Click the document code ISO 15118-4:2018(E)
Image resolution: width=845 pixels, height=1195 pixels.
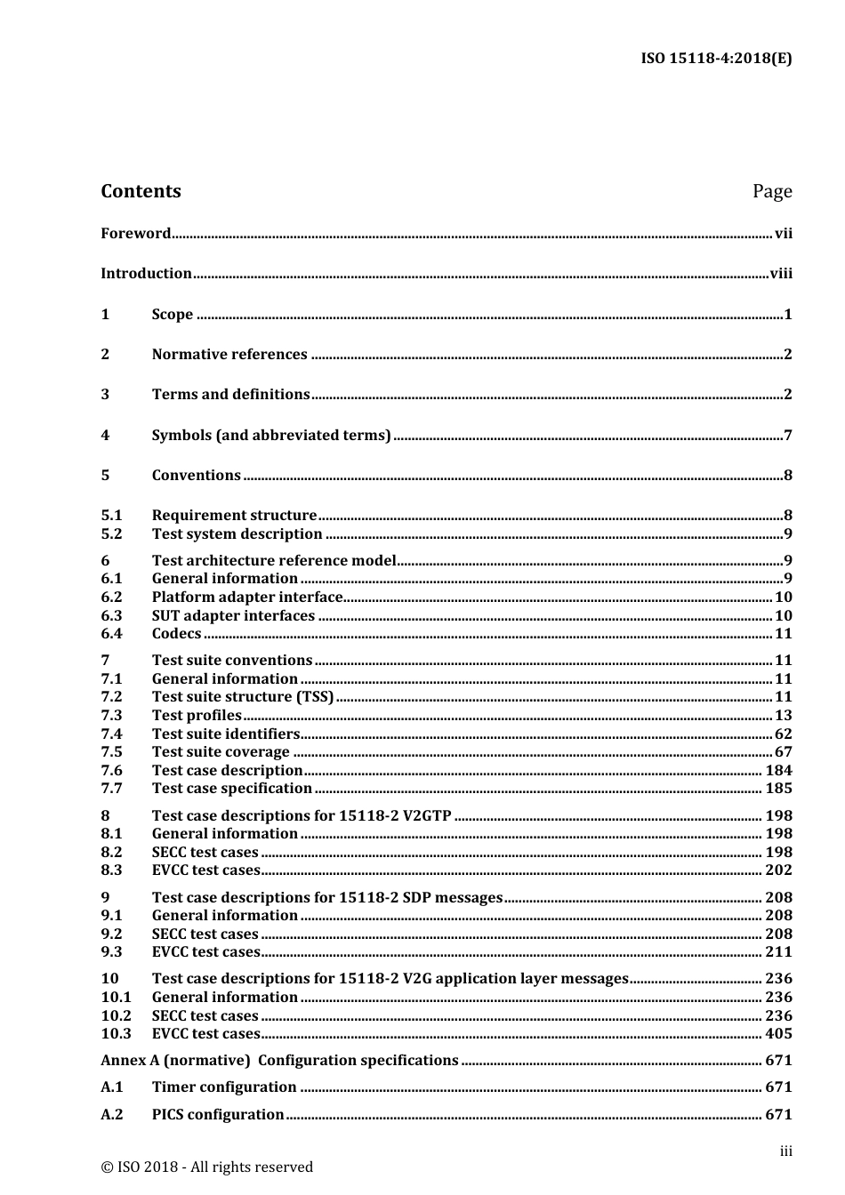click(716, 59)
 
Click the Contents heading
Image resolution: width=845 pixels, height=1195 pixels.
click(141, 191)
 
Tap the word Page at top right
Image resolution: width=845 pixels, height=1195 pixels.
click(771, 192)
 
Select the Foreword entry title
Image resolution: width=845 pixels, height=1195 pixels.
click(135, 234)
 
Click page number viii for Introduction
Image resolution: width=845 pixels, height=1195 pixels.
click(780, 274)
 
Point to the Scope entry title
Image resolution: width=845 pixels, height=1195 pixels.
click(173, 315)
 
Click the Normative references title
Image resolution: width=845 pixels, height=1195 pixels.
click(229, 355)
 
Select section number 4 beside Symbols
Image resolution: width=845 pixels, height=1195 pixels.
click(105, 436)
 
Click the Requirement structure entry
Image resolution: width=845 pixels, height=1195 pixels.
click(234, 516)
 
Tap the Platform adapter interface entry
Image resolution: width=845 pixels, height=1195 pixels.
click(247, 597)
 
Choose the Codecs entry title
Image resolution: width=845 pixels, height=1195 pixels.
click(176, 634)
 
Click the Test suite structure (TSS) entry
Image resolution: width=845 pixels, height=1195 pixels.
click(243, 697)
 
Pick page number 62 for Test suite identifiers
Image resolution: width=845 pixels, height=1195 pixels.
click(783, 734)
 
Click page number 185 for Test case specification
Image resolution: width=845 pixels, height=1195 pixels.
click(778, 789)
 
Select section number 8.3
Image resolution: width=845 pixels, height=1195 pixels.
click(111, 870)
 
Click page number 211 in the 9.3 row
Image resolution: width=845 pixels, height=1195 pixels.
click(778, 952)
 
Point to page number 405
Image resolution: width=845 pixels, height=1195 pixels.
click(778, 1034)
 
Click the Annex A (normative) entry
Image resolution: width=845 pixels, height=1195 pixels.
click(279, 1061)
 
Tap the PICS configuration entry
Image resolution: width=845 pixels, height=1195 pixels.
click(218, 1115)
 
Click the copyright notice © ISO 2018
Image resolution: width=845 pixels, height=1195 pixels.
click(206, 1167)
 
